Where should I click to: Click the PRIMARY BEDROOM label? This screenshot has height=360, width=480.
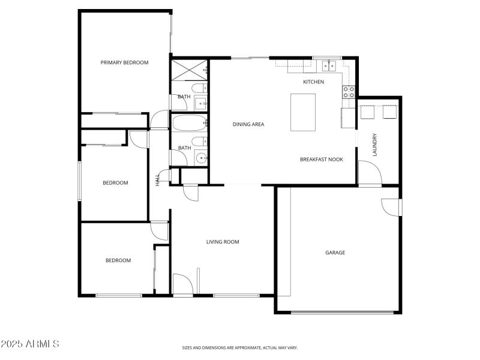(124, 62)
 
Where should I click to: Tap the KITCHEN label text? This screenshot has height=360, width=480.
(313, 82)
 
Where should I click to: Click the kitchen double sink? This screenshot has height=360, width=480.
(328, 65)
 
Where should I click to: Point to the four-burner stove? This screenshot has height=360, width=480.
(349, 92)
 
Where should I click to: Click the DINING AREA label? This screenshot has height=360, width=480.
(248, 124)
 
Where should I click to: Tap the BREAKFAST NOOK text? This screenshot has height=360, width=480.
(322, 160)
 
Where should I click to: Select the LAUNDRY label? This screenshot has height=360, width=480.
(374, 145)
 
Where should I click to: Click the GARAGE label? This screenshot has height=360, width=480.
(335, 253)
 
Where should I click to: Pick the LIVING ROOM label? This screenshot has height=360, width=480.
(223, 242)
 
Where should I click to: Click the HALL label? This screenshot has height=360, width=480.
(158, 179)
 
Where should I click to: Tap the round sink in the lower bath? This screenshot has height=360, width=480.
(201, 158)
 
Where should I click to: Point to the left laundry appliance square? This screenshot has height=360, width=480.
(367, 112)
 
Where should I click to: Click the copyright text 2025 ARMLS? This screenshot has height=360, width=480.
(30, 344)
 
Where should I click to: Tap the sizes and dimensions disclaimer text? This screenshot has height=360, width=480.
(240, 347)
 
